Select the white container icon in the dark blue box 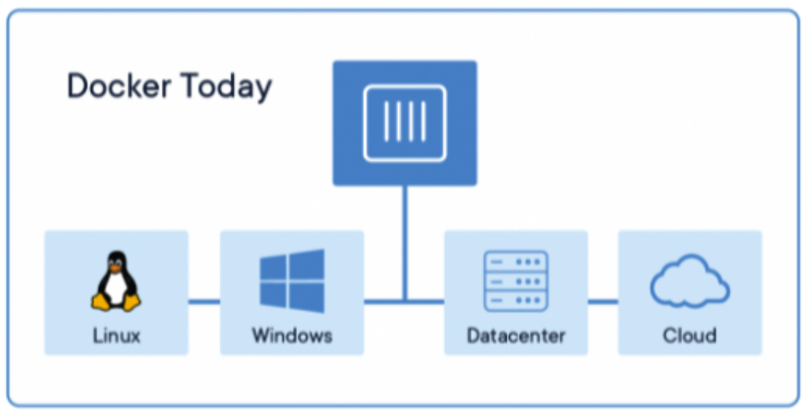click(405, 123)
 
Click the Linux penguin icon click(116, 283)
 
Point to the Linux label click(116, 336)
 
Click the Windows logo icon click(291, 280)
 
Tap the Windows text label click(291, 336)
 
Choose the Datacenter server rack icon click(515, 280)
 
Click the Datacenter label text click(515, 336)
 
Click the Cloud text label click(689, 336)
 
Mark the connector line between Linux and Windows click(204, 301)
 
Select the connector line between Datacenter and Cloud click(603, 301)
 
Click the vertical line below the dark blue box click(405, 242)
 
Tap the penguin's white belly click(116, 289)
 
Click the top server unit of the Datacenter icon click(515, 261)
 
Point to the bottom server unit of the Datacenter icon click(515, 299)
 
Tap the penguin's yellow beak click(116, 269)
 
